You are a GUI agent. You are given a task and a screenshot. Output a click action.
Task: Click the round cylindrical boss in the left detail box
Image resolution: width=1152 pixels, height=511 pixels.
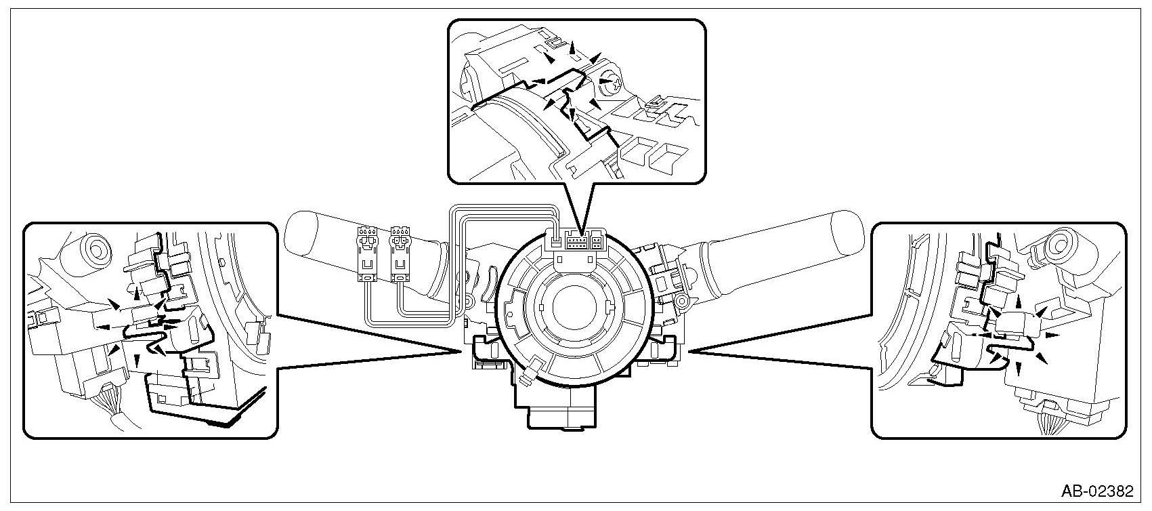pyautogui.click(x=91, y=247)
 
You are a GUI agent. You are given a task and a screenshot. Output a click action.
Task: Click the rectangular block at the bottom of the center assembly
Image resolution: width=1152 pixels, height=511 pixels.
pyautogui.click(x=560, y=415)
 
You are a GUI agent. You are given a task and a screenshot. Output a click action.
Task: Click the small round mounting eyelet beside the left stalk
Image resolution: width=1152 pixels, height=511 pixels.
pyautogui.click(x=467, y=300)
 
